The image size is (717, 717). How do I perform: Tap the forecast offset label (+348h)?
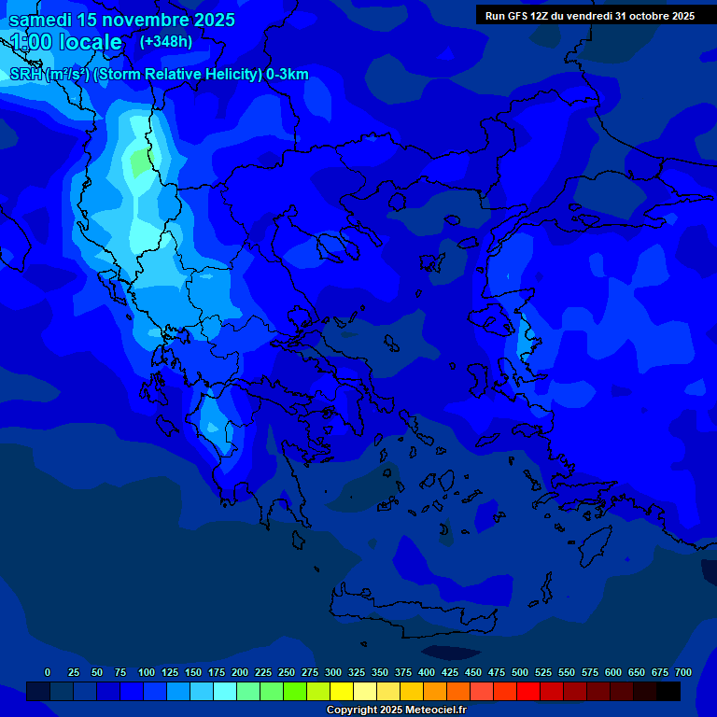(165, 42)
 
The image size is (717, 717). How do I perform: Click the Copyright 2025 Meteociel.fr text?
(396, 710)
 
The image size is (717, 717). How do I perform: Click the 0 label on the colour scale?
(48, 672)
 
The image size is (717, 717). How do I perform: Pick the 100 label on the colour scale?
(147, 672)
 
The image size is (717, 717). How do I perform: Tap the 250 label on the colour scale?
(287, 672)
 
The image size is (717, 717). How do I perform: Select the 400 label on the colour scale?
(427, 672)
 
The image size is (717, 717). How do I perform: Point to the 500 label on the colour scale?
(520, 672)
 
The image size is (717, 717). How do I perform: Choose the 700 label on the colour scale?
(683, 672)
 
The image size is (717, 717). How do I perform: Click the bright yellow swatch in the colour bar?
(342, 692)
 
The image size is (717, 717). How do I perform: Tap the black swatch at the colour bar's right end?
(668, 692)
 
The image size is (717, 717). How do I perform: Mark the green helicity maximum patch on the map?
(139, 164)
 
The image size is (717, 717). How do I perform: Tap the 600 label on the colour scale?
(613, 672)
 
